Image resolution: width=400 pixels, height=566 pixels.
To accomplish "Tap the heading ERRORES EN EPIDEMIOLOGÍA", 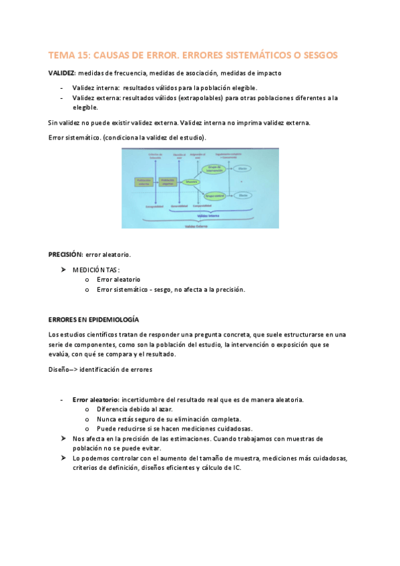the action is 93,320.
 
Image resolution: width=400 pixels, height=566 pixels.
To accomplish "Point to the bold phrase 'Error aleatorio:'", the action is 95,400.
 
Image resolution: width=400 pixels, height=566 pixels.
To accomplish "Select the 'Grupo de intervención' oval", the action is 215,169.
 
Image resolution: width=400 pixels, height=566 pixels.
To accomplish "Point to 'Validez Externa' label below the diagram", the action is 191,225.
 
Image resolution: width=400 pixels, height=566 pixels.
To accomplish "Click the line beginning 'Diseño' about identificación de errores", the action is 100,369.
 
